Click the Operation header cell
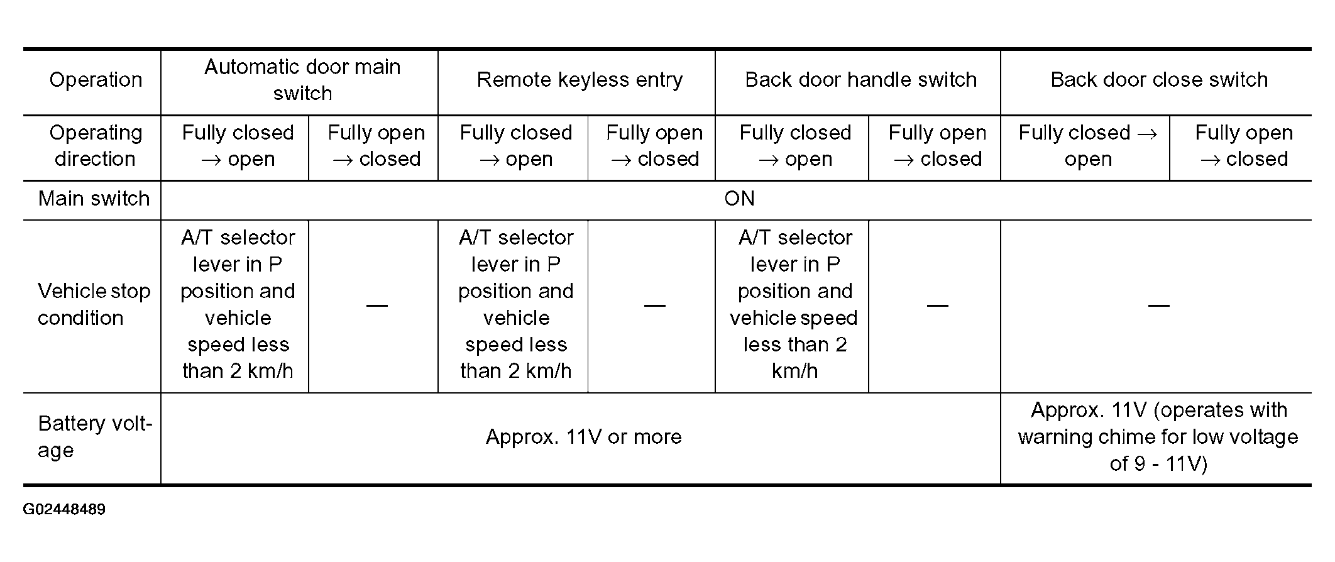(x=96, y=80)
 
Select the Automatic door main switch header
(x=302, y=80)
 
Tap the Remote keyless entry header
(x=580, y=80)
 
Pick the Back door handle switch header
(x=860, y=80)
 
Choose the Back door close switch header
(x=1159, y=80)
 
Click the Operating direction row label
(x=96, y=146)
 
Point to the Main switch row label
(x=94, y=199)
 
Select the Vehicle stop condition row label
(x=94, y=304)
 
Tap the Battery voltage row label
(x=95, y=437)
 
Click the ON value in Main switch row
(x=739, y=199)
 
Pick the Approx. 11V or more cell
(x=583, y=437)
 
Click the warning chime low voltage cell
(x=1158, y=437)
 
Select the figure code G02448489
(x=64, y=509)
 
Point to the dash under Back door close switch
(x=1158, y=306)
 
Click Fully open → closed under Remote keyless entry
(x=654, y=146)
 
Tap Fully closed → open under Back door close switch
(x=1088, y=146)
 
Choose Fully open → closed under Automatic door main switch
(x=376, y=146)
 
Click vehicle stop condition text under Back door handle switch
(x=794, y=304)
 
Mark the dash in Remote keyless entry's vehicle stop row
(x=654, y=306)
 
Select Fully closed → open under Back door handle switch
(x=795, y=146)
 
